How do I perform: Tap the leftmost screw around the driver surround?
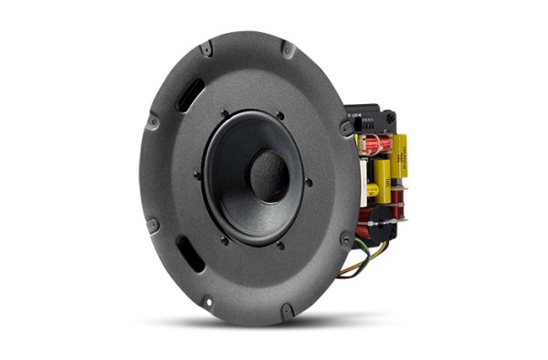tap(202, 173)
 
